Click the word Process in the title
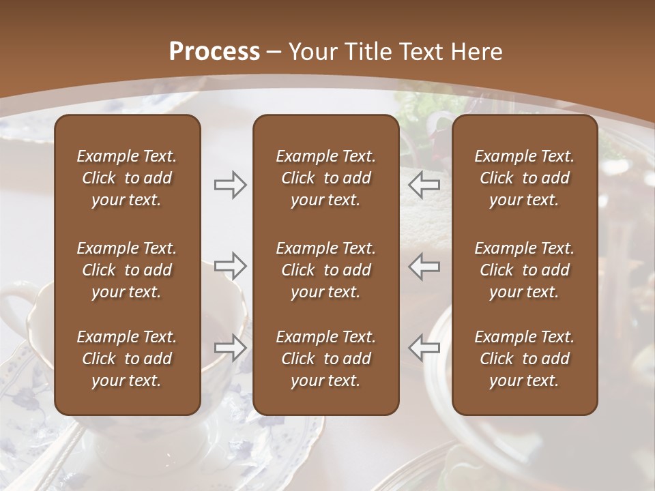(214, 52)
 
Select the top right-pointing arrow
(231, 184)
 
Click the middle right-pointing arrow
(231, 266)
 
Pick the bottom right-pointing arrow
(231, 348)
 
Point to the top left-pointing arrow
(424, 184)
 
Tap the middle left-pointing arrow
(424, 266)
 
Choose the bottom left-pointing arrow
(424, 348)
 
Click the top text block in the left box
(127, 178)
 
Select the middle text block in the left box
(127, 270)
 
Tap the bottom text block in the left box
(127, 359)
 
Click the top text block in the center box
(326, 178)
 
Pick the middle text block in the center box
(326, 270)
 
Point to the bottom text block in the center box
(326, 359)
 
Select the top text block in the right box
(525, 178)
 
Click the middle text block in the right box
(525, 270)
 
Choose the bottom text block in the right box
(525, 359)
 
